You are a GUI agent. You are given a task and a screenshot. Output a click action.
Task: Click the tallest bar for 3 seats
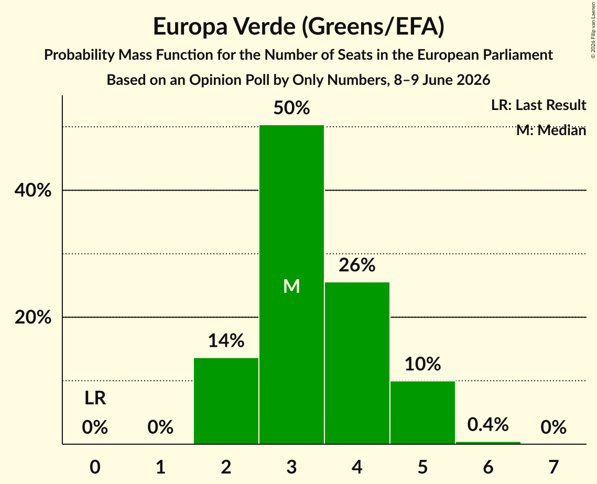tap(291, 284)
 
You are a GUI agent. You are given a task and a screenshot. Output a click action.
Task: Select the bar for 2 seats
tap(226, 401)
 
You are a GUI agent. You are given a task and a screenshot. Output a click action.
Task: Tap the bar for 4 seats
tap(357, 363)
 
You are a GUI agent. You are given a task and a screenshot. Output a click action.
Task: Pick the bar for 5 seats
tap(422, 412)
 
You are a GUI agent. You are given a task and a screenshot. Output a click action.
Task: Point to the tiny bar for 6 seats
tap(488, 443)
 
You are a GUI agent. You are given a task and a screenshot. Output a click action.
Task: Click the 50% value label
tap(291, 108)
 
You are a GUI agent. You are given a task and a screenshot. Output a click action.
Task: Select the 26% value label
tap(357, 265)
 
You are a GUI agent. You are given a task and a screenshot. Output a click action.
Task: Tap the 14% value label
tap(226, 340)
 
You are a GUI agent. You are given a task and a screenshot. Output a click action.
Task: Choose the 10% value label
tap(422, 364)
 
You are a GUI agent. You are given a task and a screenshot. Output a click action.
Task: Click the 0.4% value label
tap(488, 424)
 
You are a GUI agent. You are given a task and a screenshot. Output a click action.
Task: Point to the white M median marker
tap(291, 286)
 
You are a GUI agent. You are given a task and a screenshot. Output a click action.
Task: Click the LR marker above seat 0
tap(95, 398)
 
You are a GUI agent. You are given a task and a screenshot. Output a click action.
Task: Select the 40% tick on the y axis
tap(32, 190)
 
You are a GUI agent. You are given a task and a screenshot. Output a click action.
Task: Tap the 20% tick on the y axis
tap(32, 317)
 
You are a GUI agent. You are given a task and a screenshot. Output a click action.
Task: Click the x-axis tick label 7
tap(553, 467)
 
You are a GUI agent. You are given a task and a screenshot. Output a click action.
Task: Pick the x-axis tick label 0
tap(95, 467)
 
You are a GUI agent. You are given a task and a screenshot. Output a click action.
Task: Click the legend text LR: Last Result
tap(538, 105)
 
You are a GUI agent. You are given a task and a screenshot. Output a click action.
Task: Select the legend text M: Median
tap(551, 130)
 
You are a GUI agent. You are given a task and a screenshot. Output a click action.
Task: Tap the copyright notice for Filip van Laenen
tap(593, 30)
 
